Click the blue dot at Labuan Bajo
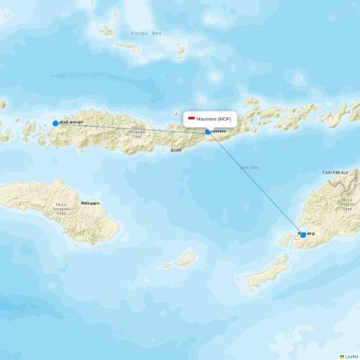[x=55, y=123]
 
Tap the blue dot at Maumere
[x=208, y=132]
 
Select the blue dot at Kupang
[x=302, y=233]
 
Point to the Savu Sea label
[x=249, y=167]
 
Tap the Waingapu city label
[x=90, y=203]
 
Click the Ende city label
[x=176, y=150]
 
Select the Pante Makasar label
[x=336, y=173]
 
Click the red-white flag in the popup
[x=192, y=118]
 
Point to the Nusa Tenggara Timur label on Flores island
[x=136, y=132]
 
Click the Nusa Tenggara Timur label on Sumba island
[x=61, y=209]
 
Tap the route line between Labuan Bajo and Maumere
[x=130, y=127]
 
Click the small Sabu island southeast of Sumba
[x=185, y=258]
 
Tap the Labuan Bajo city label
[x=71, y=122]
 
